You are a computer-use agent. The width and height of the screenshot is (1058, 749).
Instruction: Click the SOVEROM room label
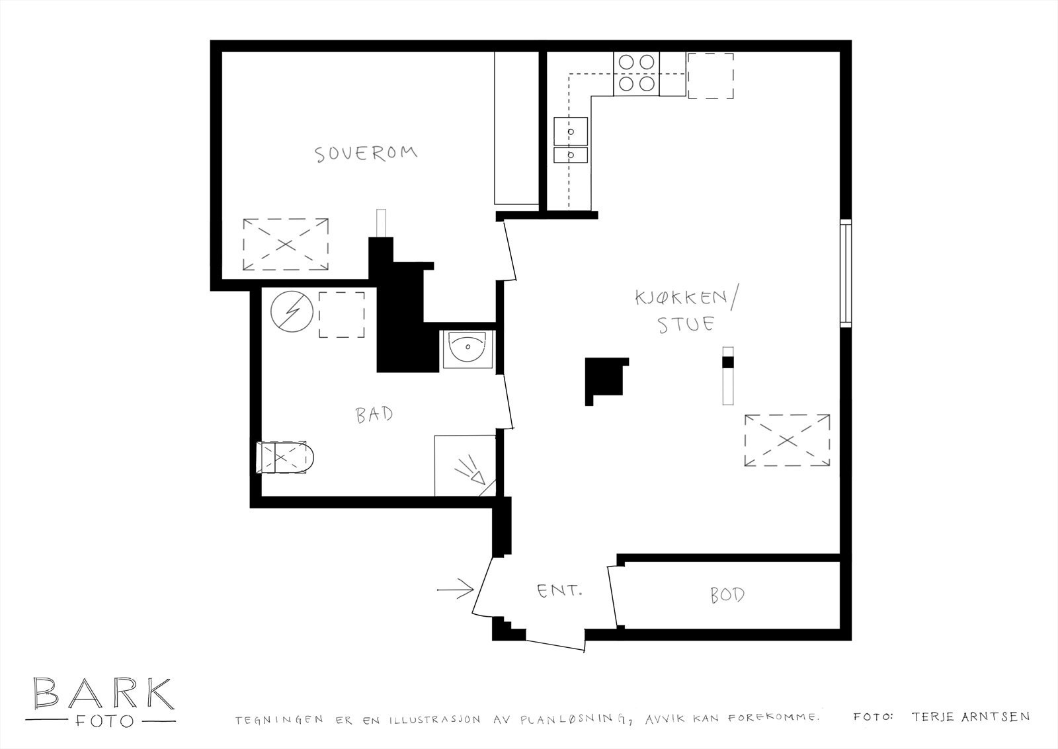pyautogui.click(x=366, y=154)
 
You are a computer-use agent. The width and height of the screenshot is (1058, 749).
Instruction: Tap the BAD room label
pyautogui.click(x=374, y=414)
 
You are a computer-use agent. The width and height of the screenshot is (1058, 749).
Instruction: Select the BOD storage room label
pyautogui.click(x=727, y=595)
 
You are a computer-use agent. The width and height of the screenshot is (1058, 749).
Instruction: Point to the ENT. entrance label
pyautogui.click(x=559, y=590)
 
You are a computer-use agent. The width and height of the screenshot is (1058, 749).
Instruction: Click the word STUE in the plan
pyautogui.click(x=685, y=325)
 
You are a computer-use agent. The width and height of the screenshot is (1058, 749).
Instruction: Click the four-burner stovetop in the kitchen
pyautogui.click(x=636, y=73)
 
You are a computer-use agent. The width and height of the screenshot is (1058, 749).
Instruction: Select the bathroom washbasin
pyautogui.click(x=468, y=348)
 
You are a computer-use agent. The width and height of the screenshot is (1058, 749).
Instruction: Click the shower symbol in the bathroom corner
pyautogui.click(x=469, y=471)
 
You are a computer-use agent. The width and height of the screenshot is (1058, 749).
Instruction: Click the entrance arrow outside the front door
pyautogui.click(x=456, y=588)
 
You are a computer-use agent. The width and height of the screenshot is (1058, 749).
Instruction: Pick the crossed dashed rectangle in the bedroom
pyautogui.click(x=286, y=244)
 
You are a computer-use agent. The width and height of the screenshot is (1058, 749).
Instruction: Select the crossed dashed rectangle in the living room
pyautogui.click(x=787, y=441)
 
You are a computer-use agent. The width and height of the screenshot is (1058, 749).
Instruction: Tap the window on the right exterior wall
pyautogui.click(x=846, y=272)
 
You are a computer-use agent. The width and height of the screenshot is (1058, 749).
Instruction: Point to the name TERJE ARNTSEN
pyautogui.click(x=970, y=716)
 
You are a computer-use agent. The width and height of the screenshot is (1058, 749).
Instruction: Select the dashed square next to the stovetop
pyautogui.click(x=711, y=76)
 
